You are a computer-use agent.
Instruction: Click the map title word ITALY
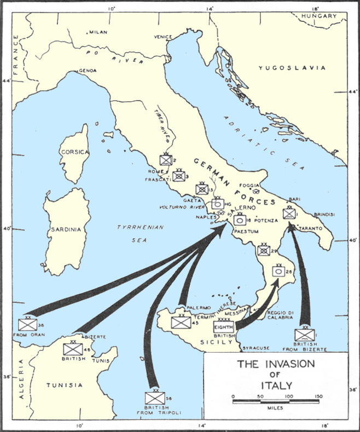[276, 384]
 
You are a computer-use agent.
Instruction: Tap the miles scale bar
[276, 402]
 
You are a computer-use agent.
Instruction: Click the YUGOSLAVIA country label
[292, 68]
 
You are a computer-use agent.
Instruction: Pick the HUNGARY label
[321, 16]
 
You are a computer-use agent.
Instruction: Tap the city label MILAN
[99, 33]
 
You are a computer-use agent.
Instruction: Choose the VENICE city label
[163, 37]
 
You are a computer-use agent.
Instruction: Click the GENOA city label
[88, 71]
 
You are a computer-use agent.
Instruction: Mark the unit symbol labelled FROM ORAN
[27, 324]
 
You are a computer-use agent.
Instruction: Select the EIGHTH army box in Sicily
[224, 327]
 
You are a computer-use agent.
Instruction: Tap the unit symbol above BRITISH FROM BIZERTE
[304, 335]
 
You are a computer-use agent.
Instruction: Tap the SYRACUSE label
[257, 348]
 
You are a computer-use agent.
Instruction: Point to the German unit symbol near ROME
[165, 160]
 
